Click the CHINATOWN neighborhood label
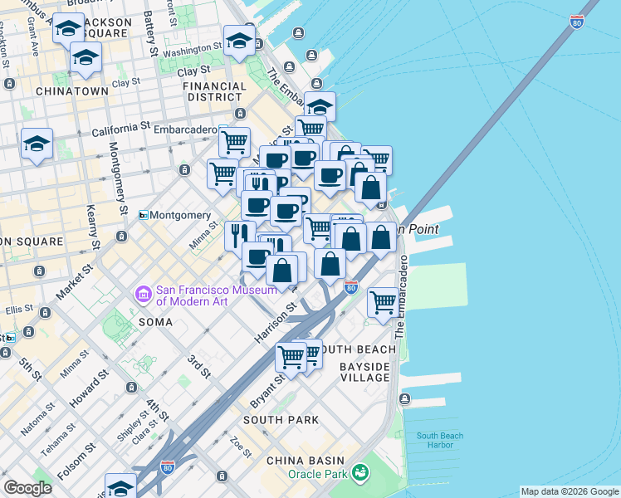coord(71,90)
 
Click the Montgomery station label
coord(181,215)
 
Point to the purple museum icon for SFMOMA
coord(143,294)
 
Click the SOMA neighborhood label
coord(155,321)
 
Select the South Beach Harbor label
coord(440,440)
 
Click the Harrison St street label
coord(276,324)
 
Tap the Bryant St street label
coord(267,390)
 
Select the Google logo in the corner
coord(27,488)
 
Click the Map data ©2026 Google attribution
coord(569,491)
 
